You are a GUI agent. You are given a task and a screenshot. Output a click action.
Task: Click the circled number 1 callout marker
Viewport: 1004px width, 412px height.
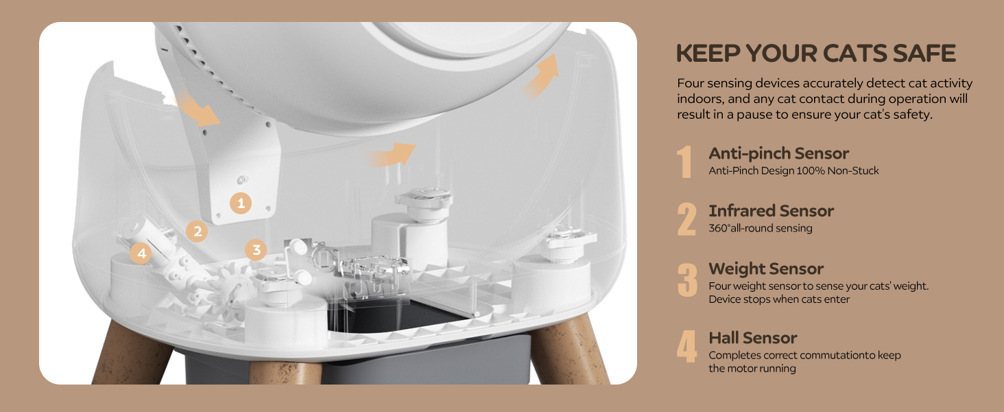pyautogui.click(x=241, y=203)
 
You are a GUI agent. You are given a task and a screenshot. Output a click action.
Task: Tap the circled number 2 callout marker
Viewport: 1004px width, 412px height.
pyautogui.click(x=198, y=231)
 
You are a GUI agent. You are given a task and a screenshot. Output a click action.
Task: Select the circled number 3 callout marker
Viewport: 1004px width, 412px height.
pyautogui.click(x=256, y=250)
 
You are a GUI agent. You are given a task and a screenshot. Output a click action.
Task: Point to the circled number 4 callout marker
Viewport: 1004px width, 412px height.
pyautogui.click(x=141, y=253)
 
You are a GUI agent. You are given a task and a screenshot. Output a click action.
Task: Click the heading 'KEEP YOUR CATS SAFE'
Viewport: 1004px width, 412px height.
pyautogui.click(x=816, y=54)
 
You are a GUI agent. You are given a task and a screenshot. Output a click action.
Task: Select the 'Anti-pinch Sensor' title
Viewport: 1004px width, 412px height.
pyautogui.click(x=778, y=154)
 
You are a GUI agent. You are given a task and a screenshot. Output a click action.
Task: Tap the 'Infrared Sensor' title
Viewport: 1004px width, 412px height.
pyautogui.click(x=771, y=211)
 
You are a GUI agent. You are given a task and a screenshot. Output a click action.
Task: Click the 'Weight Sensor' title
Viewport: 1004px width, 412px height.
pyautogui.click(x=766, y=269)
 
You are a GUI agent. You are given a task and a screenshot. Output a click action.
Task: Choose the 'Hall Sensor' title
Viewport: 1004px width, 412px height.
pyautogui.click(x=752, y=338)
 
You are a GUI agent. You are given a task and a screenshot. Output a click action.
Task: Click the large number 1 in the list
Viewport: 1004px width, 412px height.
pyautogui.click(x=684, y=162)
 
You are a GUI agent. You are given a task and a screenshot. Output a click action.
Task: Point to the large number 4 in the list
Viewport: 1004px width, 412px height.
pyautogui.click(x=686, y=347)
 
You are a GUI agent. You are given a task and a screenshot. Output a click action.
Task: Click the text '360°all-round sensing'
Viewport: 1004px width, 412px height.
pyautogui.click(x=760, y=228)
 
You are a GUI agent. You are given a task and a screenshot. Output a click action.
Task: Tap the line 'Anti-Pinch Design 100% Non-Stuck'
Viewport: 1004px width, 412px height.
pyautogui.click(x=793, y=170)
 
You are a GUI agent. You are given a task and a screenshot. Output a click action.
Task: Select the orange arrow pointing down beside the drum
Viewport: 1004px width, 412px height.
pyautogui.click(x=198, y=108)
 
